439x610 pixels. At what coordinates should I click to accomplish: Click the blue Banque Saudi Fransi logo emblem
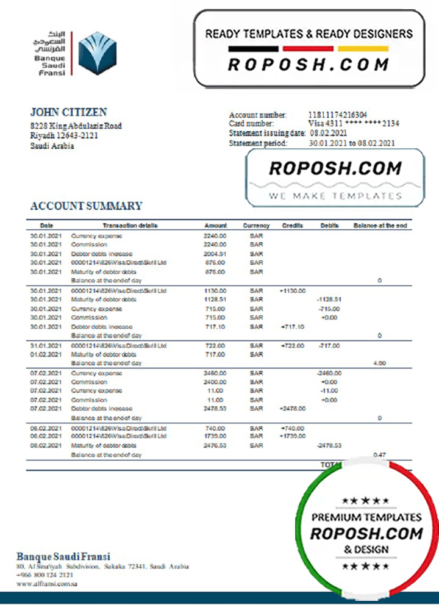point(98,53)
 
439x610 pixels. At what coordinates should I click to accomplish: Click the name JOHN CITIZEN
point(68,112)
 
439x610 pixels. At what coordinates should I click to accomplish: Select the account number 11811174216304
point(338,115)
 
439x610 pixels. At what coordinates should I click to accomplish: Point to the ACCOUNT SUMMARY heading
point(86,206)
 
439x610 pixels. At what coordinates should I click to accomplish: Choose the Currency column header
point(256,226)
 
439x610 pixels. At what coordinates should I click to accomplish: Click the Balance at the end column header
point(380,226)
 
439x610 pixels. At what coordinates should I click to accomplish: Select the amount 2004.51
point(215,254)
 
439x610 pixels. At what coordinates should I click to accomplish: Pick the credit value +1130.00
point(293,291)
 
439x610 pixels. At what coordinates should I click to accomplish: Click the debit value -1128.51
point(329,300)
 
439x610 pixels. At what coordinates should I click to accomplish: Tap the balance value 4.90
point(379,363)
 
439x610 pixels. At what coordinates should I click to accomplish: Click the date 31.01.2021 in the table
point(46,346)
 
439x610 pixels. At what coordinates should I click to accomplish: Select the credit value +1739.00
point(293,437)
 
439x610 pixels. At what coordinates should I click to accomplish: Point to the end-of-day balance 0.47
point(379,455)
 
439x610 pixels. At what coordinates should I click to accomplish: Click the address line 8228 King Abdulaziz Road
point(76,126)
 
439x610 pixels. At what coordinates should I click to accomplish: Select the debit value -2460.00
point(329,373)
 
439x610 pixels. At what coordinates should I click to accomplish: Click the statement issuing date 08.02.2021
point(329,133)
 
